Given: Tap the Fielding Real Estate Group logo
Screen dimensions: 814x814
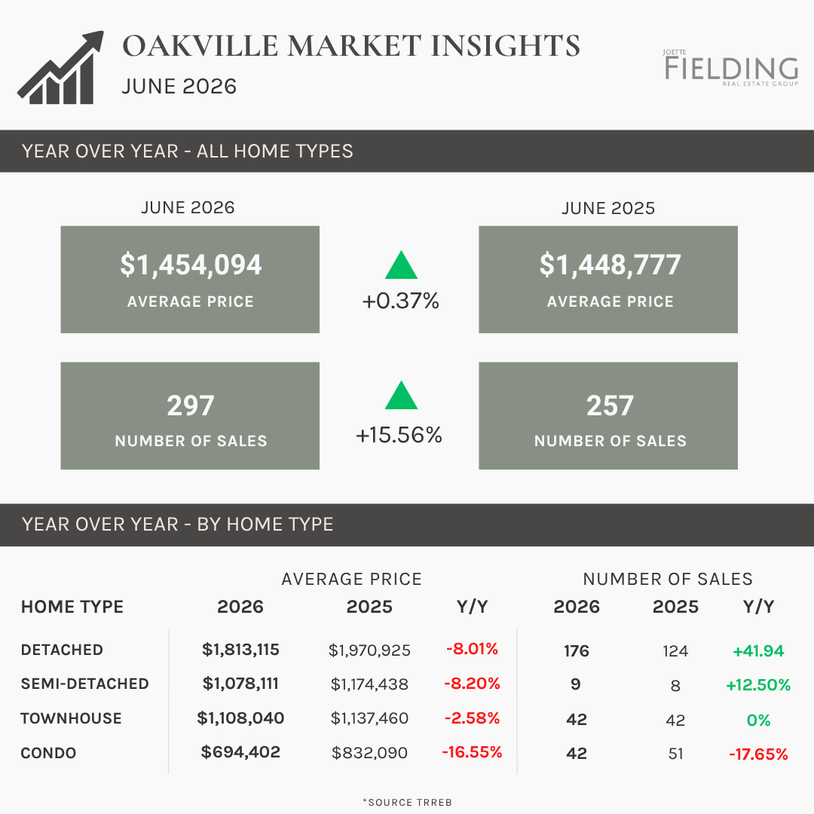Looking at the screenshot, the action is [x=731, y=68].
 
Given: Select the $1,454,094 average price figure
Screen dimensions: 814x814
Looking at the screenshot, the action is [x=191, y=265].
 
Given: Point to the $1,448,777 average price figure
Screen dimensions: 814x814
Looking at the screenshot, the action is [x=610, y=265].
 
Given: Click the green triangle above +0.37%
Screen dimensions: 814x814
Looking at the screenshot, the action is [x=401, y=265].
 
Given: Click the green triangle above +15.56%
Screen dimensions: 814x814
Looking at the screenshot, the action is [x=401, y=396].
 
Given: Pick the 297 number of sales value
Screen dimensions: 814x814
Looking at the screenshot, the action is [x=191, y=405].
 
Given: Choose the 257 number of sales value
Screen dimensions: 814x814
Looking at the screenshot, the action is [x=610, y=405].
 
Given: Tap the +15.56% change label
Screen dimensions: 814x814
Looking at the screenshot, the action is [x=399, y=435].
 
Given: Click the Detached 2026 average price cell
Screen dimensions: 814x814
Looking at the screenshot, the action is [x=240, y=650].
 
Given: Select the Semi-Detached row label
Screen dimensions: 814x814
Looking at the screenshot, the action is [x=84, y=684].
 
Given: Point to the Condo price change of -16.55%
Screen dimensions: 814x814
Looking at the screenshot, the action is [x=472, y=751].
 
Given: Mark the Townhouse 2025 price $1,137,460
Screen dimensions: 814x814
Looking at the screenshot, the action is [x=369, y=718].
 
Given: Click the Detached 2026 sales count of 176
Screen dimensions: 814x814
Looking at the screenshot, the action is [x=577, y=651].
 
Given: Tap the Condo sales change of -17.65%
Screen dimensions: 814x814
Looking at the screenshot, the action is [x=758, y=754].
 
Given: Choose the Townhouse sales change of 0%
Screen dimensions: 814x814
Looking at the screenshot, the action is [x=758, y=720].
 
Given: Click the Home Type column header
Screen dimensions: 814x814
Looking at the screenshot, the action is [x=72, y=606].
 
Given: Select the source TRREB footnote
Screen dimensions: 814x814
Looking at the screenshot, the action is [x=408, y=802].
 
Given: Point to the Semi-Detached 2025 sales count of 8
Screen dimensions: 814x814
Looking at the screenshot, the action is [x=675, y=686].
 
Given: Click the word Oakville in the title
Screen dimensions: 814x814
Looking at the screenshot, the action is [x=200, y=46].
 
